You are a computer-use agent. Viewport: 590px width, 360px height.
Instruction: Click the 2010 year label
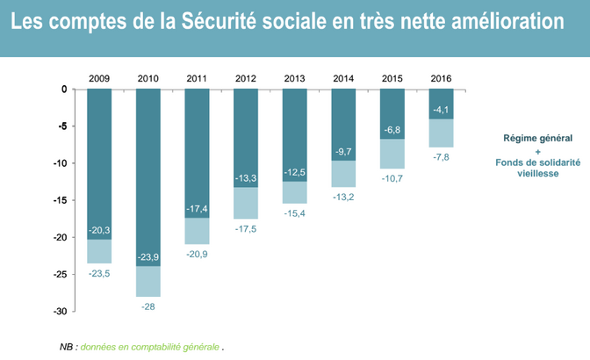tap(147, 78)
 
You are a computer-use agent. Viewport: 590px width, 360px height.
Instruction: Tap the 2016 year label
tap(441, 78)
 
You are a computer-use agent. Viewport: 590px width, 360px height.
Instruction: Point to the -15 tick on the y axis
tap(61, 200)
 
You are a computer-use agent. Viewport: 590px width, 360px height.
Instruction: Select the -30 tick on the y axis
tap(61, 312)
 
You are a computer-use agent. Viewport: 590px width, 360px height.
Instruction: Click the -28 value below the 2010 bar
tap(147, 306)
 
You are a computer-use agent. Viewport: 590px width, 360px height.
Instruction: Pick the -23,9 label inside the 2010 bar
tap(147, 257)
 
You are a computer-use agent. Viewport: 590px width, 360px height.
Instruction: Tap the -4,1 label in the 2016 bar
tap(441, 110)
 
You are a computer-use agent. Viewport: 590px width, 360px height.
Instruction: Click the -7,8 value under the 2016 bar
tap(441, 157)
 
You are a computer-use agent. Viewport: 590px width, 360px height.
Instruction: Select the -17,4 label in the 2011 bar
tap(197, 209)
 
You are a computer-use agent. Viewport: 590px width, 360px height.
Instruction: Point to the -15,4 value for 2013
tap(295, 213)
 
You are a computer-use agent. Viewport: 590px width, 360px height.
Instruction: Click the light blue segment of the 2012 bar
tap(246, 203)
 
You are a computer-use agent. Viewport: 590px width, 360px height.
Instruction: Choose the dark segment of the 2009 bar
tap(99, 164)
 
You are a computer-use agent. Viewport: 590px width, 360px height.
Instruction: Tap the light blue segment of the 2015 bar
tap(392, 154)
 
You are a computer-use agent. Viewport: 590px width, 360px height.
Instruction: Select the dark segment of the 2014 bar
tap(343, 125)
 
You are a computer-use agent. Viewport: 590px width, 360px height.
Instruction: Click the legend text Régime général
tap(537, 138)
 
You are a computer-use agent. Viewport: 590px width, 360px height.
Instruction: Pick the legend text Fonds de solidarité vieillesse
tap(537, 168)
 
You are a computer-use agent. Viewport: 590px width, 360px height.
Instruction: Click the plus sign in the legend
tap(537, 152)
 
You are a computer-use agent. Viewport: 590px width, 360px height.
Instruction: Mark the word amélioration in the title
tap(507, 21)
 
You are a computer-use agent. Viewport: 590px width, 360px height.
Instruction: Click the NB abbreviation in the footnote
tap(66, 347)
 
